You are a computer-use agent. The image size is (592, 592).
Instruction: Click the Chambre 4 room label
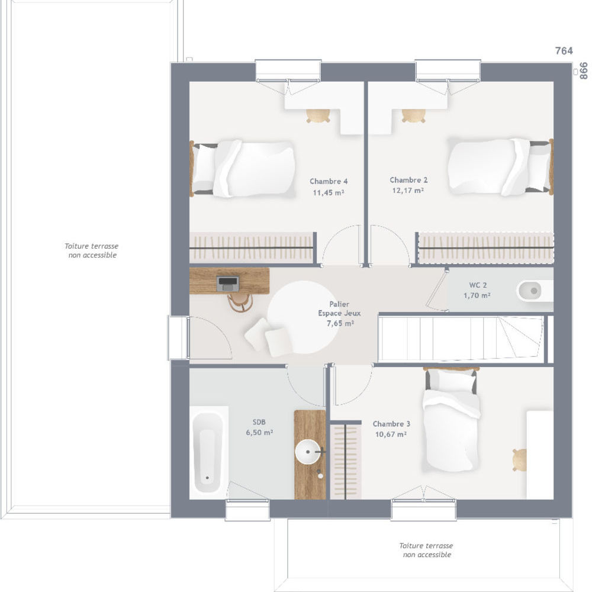pos(329,182)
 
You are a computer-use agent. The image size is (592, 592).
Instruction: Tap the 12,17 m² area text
pos(408,191)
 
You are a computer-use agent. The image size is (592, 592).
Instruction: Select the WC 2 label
pos(478,285)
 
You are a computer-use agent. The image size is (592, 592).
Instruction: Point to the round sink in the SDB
pos(308,452)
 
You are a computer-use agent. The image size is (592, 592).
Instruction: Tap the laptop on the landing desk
pos(228,283)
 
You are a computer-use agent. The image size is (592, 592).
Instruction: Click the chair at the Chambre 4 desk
pos(318,115)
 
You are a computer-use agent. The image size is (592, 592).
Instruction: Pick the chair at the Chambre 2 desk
pos(413,115)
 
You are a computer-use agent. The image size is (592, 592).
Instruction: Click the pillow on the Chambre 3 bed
pos(451,380)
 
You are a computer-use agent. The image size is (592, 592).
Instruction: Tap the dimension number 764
pos(564,50)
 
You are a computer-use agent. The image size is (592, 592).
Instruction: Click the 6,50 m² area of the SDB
pos(259,433)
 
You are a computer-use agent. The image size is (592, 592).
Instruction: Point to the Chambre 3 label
pos(391,424)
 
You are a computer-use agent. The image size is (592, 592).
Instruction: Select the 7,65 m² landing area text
pos(340,324)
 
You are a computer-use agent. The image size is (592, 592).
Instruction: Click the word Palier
pos(339,304)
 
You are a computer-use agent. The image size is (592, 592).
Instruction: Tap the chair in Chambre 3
pos(520,460)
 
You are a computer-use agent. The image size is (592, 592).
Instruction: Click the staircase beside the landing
pos(461,339)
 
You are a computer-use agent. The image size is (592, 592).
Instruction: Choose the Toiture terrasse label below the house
pos(426,550)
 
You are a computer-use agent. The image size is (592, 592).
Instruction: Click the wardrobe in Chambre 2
pos(485,247)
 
